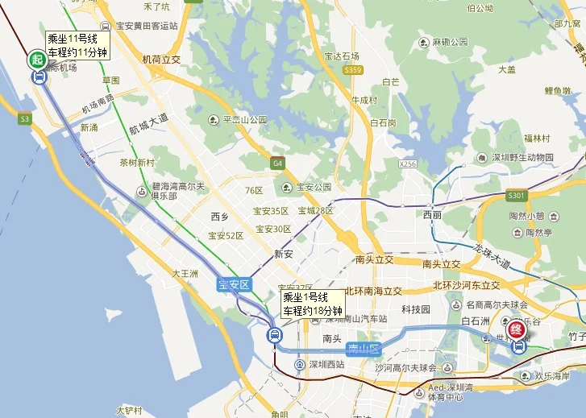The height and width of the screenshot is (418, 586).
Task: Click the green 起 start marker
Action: (37, 59)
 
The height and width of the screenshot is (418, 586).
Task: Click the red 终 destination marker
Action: (519, 329)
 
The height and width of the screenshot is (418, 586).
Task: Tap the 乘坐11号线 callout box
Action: (77, 45)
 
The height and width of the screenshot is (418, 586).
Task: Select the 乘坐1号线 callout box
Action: (313, 304)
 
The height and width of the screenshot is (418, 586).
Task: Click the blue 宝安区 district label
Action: (235, 285)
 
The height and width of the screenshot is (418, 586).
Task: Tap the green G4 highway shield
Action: (278, 163)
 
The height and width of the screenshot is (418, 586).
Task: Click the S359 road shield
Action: (352, 70)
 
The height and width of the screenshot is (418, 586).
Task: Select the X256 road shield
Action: (408, 164)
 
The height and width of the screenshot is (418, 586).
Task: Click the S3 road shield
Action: (25, 118)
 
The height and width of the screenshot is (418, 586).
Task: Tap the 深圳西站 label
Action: (322, 364)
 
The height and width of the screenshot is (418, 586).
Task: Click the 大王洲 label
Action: (185, 274)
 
